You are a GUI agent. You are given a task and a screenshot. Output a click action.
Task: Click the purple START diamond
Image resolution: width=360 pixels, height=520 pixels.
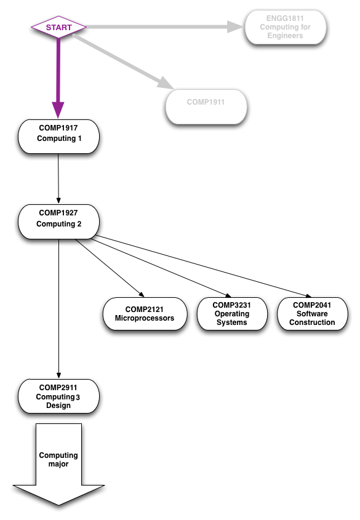tap(58, 27)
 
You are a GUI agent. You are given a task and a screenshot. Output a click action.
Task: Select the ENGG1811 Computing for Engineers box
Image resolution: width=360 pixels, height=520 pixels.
tap(285, 27)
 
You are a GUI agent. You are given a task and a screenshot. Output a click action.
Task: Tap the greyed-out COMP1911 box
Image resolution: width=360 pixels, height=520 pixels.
tap(206, 106)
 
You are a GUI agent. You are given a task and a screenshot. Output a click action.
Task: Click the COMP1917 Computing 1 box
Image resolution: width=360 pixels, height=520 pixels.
tap(58, 136)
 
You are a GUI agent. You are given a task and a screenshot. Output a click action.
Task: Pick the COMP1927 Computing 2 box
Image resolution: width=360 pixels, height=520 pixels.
tap(58, 221)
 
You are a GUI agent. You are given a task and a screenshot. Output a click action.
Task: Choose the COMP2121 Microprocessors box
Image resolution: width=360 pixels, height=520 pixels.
tap(145, 314)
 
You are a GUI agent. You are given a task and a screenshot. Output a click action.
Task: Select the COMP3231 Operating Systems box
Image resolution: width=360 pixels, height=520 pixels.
tap(232, 314)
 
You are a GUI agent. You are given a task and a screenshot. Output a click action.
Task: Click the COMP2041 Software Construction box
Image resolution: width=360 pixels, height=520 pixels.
tap(313, 314)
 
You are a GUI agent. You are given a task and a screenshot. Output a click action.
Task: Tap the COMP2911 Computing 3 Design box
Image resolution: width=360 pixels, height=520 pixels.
tap(58, 396)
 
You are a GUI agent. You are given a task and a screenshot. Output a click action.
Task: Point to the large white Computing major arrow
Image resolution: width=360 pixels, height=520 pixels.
tap(58, 468)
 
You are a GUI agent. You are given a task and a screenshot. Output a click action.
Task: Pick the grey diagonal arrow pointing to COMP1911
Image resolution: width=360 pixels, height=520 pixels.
tap(123, 62)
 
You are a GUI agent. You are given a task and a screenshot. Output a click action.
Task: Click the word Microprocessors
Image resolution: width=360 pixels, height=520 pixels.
tap(145, 318)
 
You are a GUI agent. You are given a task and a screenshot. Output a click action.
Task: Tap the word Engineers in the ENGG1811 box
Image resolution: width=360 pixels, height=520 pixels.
tap(285, 36)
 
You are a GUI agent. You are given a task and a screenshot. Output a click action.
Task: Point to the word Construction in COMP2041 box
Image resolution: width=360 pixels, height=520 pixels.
tap(312, 322)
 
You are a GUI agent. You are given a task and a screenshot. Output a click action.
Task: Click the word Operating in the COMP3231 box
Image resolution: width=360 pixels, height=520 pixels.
tap(232, 314)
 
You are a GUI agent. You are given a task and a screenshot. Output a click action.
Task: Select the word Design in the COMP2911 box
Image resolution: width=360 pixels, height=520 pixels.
tap(58, 406)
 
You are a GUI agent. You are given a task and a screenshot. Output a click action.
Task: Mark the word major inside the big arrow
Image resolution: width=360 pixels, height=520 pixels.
tap(58, 464)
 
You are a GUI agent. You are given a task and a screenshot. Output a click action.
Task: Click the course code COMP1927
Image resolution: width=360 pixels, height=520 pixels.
tap(58, 213)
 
